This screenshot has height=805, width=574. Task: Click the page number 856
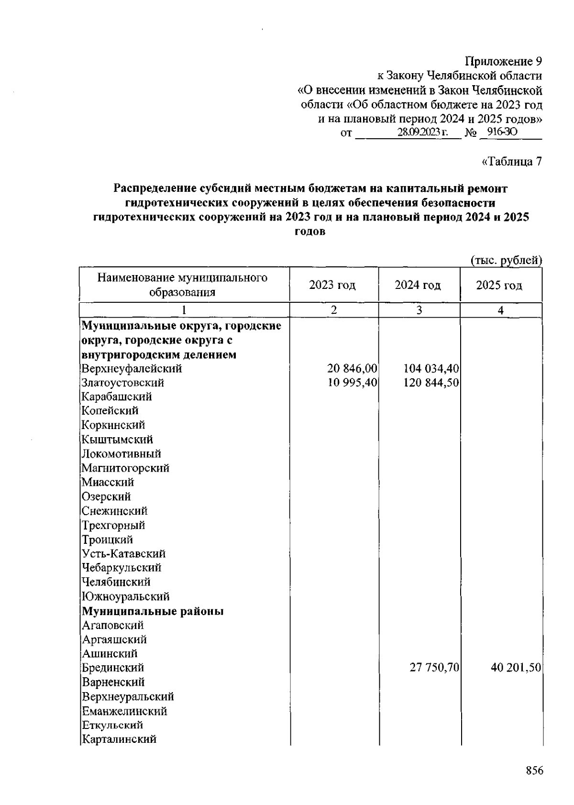tap(534, 771)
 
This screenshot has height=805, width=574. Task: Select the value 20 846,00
tap(352, 368)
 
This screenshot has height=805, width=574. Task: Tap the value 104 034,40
tap(431, 368)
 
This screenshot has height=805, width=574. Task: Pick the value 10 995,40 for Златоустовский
tap(352, 383)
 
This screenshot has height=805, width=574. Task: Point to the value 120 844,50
tap(431, 383)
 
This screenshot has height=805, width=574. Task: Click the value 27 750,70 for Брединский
tap(434, 667)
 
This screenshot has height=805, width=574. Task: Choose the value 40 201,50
tap(516, 667)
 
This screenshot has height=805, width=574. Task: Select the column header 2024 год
tap(418, 286)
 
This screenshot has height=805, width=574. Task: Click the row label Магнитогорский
tap(125, 468)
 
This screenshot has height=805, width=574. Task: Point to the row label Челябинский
tap(116, 582)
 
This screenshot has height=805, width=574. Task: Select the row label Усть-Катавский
tap(124, 553)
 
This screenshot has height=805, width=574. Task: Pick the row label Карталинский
tap(119, 739)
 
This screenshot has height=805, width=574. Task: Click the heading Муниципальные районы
tap(153, 611)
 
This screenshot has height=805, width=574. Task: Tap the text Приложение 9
tap(504, 62)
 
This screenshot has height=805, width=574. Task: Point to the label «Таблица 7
tap(511, 162)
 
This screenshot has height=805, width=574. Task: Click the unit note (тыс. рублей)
tap(506, 260)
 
